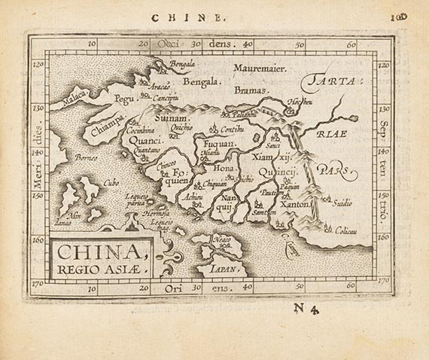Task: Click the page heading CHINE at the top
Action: click(x=196, y=15)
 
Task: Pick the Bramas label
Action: click(x=236, y=90)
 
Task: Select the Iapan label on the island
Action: click(x=227, y=268)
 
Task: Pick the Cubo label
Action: click(x=111, y=182)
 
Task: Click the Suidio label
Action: click(x=342, y=203)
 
